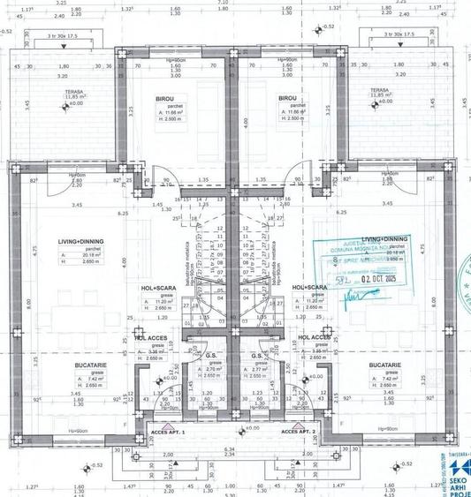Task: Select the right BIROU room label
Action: (x=287, y=99)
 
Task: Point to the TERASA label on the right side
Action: (x=380, y=90)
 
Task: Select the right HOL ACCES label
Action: (x=315, y=337)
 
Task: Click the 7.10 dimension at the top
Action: (x=235, y=3)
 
